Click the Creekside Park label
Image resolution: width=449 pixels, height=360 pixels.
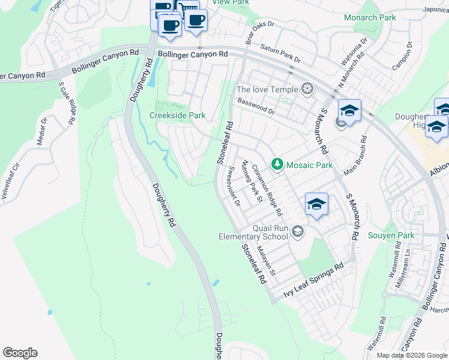click(x=177, y=115)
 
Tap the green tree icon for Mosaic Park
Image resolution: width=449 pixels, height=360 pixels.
click(x=277, y=164)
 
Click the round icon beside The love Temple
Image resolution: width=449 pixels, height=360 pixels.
click(x=307, y=90)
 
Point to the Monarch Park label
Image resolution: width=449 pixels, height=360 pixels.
click(x=370, y=18)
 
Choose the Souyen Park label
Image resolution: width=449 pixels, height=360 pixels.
click(x=390, y=235)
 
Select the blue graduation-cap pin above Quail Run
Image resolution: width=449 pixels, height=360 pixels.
click(x=316, y=205)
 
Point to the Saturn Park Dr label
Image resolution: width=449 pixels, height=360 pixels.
click(x=280, y=52)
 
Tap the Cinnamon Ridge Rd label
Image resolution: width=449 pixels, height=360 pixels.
click(x=267, y=190)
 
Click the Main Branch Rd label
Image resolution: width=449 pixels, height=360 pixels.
click(x=354, y=156)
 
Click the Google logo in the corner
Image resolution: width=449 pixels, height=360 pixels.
click(x=20, y=353)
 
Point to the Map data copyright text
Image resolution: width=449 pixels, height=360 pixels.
click(x=412, y=355)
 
